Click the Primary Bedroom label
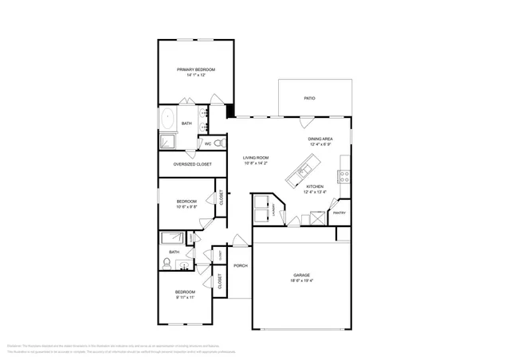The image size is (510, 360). pos(196,70)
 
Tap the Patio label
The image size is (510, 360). pos(309,98)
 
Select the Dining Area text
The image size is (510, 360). pos(320,139)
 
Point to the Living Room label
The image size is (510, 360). pos(256,158)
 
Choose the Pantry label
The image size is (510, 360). pos(339,213)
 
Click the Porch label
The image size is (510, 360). pos(241,265)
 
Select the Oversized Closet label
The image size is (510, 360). pos(192,164)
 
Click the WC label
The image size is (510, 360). pos(208,144)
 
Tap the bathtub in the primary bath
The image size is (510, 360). pos(168,120)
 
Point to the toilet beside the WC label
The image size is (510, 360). pos(220,143)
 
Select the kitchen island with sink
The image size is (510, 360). pos(307,168)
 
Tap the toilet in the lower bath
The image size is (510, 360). pos(167,262)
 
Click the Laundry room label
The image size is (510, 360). pos(274,210)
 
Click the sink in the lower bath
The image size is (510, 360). pos(184,264)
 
